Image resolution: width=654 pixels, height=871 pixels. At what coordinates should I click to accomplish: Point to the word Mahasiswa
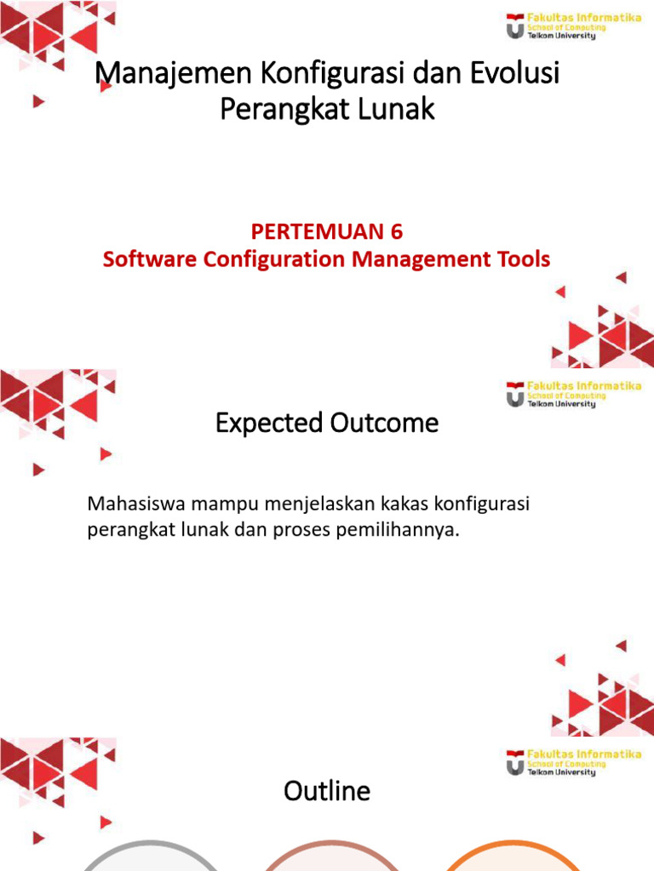(x=130, y=504)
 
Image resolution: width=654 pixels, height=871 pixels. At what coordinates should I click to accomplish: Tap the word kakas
(x=404, y=504)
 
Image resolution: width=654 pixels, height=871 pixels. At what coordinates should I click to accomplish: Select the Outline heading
(x=327, y=792)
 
